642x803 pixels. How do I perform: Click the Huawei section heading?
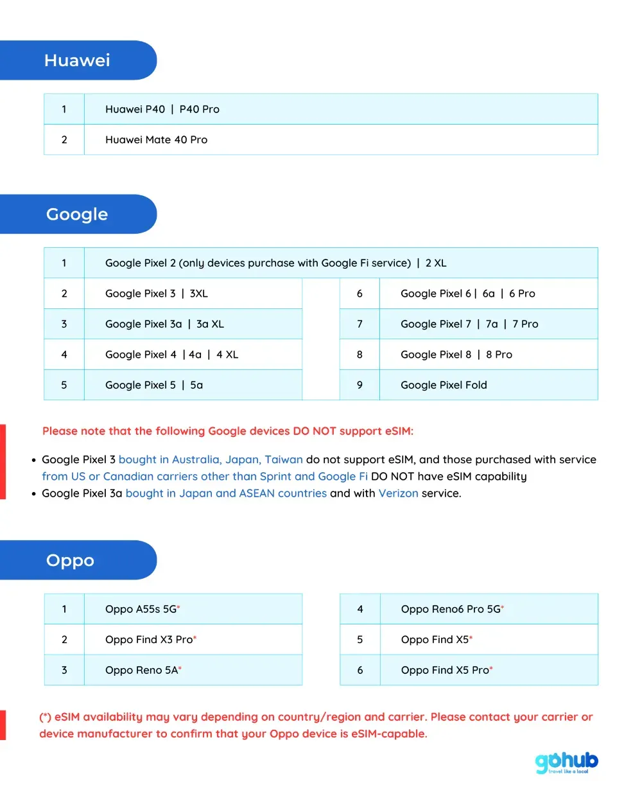(77, 60)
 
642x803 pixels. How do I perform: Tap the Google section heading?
(77, 215)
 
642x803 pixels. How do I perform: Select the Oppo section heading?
(70, 560)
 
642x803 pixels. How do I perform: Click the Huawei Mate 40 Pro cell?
(156, 140)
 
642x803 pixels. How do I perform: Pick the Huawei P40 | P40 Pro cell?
(162, 109)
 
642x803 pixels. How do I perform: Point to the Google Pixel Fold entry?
(444, 385)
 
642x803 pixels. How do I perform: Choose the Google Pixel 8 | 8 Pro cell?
(456, 355)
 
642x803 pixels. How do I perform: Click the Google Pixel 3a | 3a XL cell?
(164, 324)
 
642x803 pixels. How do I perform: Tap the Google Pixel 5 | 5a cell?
(154, 385)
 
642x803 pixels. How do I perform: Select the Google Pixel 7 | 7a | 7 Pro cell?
(469, 324)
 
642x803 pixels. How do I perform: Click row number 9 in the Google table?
(360, 385)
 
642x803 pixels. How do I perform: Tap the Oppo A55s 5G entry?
(142, 609)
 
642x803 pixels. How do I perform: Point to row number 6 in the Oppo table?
(360, 670)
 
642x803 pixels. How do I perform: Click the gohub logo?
(566, 763)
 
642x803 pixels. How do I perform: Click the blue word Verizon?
(398, 493)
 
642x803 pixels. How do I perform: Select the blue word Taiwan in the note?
(284, 460)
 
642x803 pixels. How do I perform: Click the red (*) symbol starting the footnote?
(45, 717)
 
